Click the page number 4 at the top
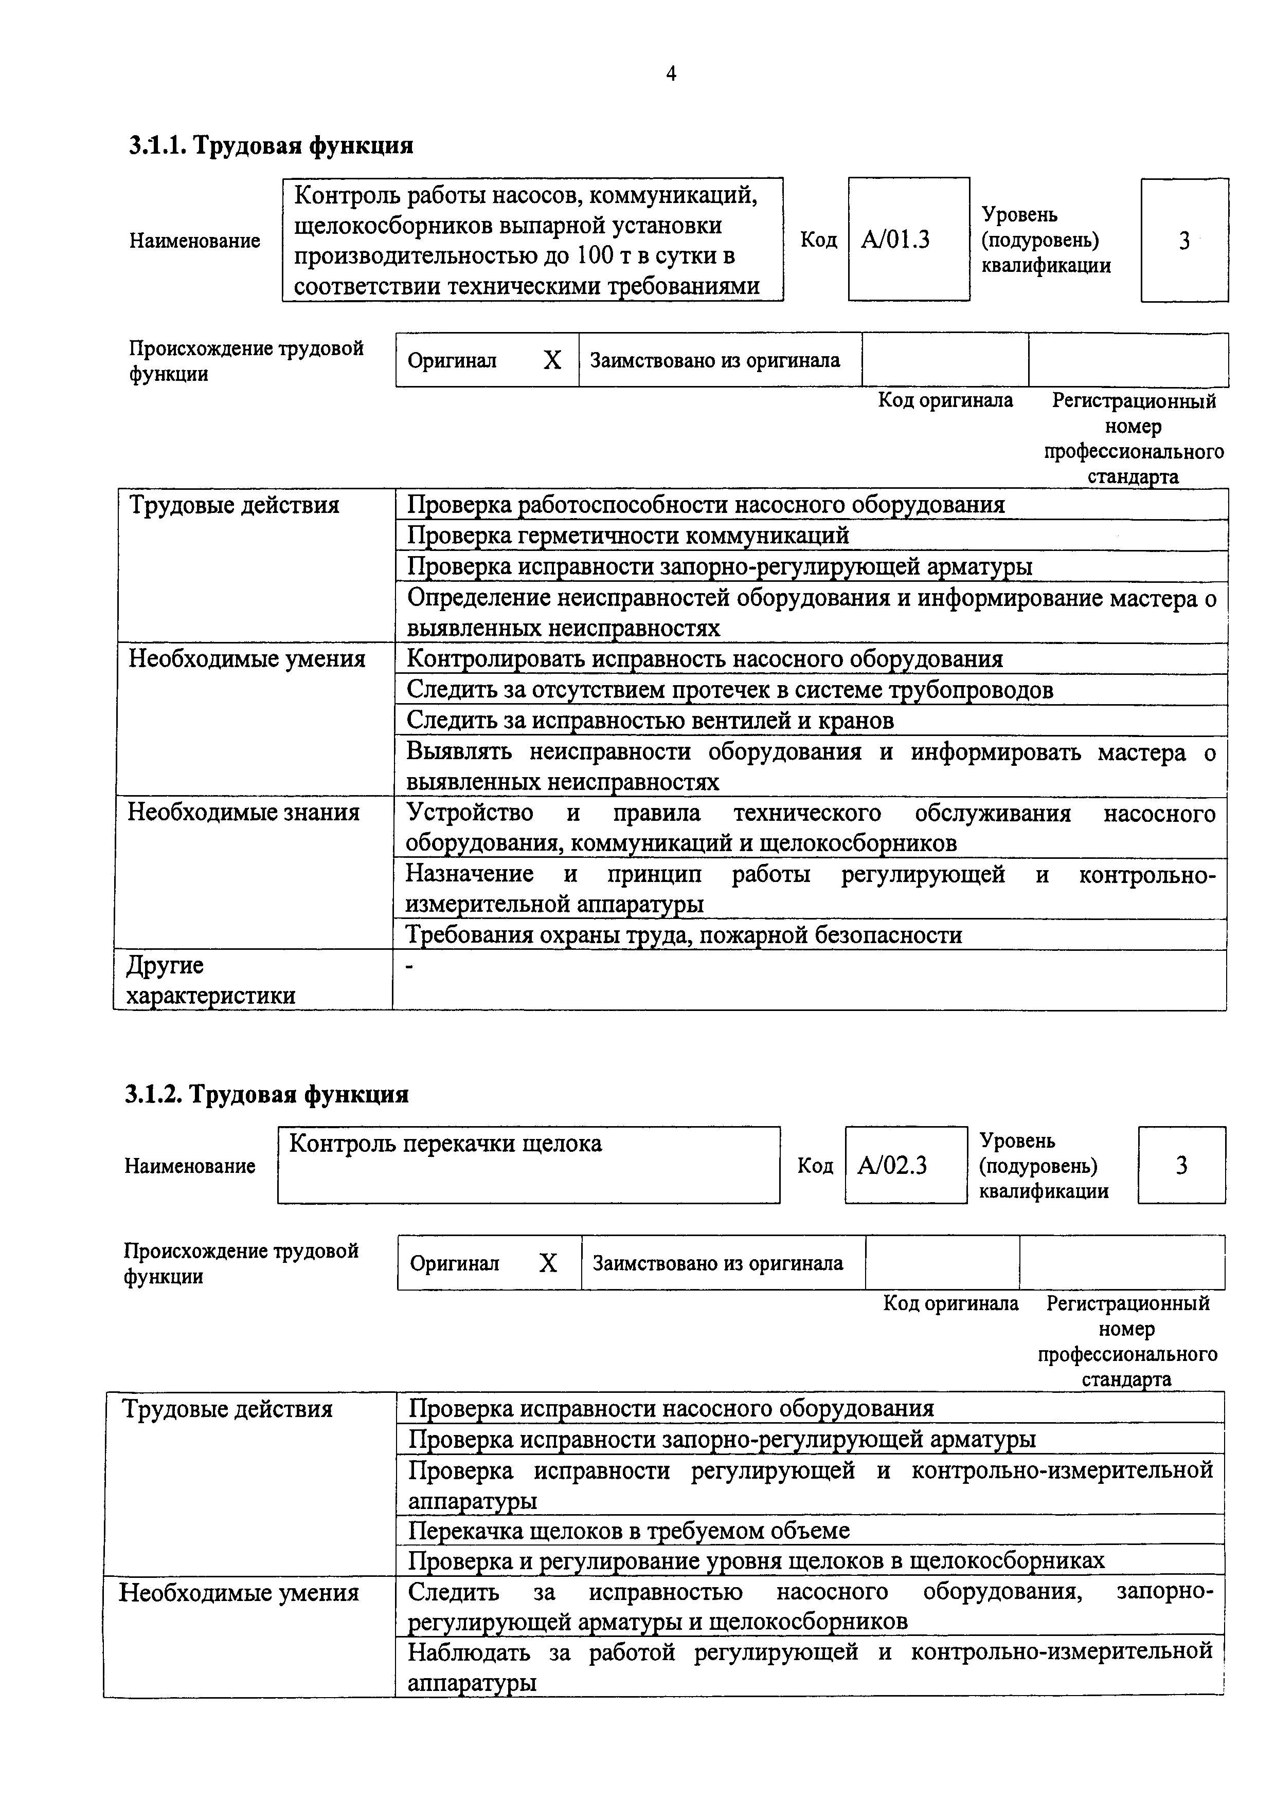671,74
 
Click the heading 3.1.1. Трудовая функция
271,145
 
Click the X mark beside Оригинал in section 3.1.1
552,360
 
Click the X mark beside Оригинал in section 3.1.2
548,1263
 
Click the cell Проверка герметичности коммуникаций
628,536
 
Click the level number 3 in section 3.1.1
1184,241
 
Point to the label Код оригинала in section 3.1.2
950,1303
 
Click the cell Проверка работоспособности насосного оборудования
706,504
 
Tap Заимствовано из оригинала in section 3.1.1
715,360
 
